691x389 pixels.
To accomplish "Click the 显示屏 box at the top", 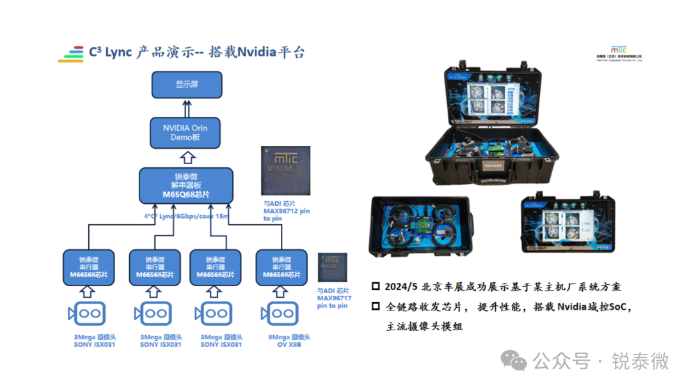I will [187, 84].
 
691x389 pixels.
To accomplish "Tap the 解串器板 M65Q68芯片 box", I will [186, 185].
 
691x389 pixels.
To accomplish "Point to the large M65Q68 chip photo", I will [286, 171].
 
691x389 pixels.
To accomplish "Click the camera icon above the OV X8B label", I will [278, 313].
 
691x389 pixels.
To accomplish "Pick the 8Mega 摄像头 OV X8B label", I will [286, 340].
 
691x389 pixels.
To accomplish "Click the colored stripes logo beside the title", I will [71, 54].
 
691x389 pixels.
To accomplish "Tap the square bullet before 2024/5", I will [376, 287].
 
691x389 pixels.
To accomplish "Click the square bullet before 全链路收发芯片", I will [376, 307].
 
